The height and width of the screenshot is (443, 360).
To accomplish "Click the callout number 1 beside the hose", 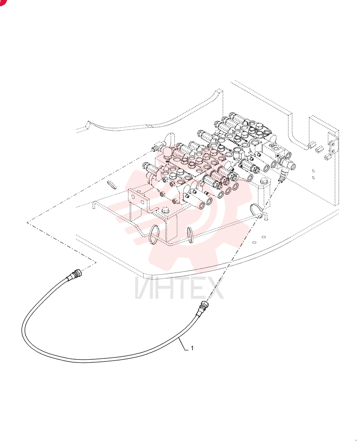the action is pos(192,348).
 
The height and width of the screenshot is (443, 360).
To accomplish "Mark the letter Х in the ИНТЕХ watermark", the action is pos(215,288).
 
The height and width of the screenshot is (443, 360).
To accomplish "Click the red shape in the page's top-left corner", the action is pos(3,2).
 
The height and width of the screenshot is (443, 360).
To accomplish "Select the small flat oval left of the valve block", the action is pos(111,185).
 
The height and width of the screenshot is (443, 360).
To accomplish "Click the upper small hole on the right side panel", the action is pos(313,171).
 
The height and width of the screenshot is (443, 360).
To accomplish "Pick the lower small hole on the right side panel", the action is pos(313,178).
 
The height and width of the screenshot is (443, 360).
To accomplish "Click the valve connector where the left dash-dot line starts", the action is pos(156,147).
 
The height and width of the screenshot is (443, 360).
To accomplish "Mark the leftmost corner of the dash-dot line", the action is pos(27,222).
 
